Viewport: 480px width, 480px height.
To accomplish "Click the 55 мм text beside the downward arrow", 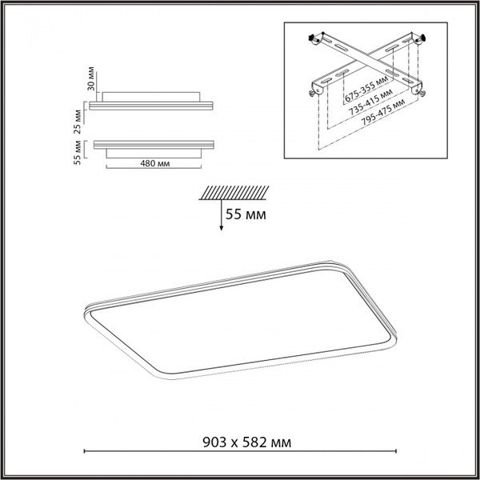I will point(246,214).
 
